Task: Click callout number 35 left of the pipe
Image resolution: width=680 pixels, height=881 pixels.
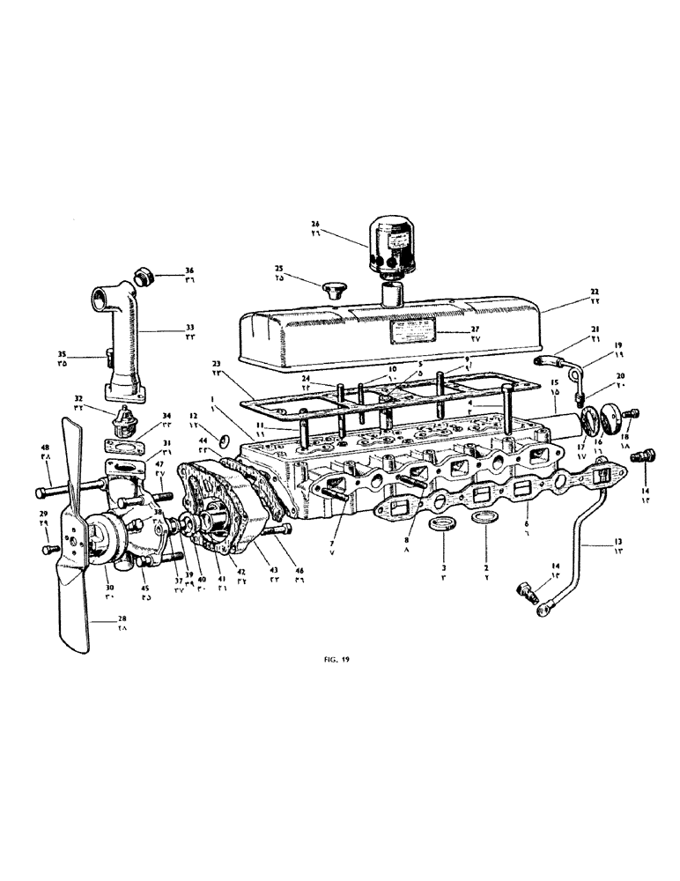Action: (x=85, y=357)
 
